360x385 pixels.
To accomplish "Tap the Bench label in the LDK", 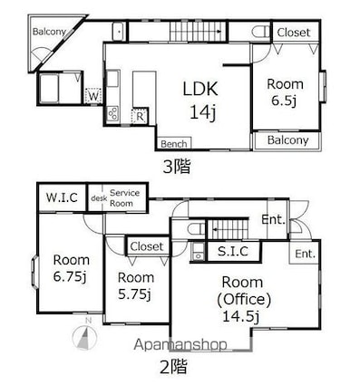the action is (174, 144).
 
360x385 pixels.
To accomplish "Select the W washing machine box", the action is (93, 96).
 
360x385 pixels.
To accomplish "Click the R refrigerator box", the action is (140, 116).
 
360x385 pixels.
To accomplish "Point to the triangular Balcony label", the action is (49, 32).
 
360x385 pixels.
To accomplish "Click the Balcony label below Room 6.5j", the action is (287, 140).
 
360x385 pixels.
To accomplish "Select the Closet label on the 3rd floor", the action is (294, 33).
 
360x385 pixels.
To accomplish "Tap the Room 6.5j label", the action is (285, 92).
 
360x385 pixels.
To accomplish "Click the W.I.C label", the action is (62, 197).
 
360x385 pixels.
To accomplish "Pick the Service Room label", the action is (124, 197).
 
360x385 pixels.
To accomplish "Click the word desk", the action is (99, 198).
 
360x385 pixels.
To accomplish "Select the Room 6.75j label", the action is (72, 268).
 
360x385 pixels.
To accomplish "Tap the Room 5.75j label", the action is (136, 285).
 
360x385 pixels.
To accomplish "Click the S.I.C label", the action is (233, 251).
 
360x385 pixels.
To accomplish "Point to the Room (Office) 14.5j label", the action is (244, 299).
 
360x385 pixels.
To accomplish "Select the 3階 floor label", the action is (177, 167).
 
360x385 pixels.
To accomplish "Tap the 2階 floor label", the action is (173, 367).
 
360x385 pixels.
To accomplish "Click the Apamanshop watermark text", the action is (180, 344).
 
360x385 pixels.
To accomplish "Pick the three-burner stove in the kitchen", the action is (113, 114).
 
